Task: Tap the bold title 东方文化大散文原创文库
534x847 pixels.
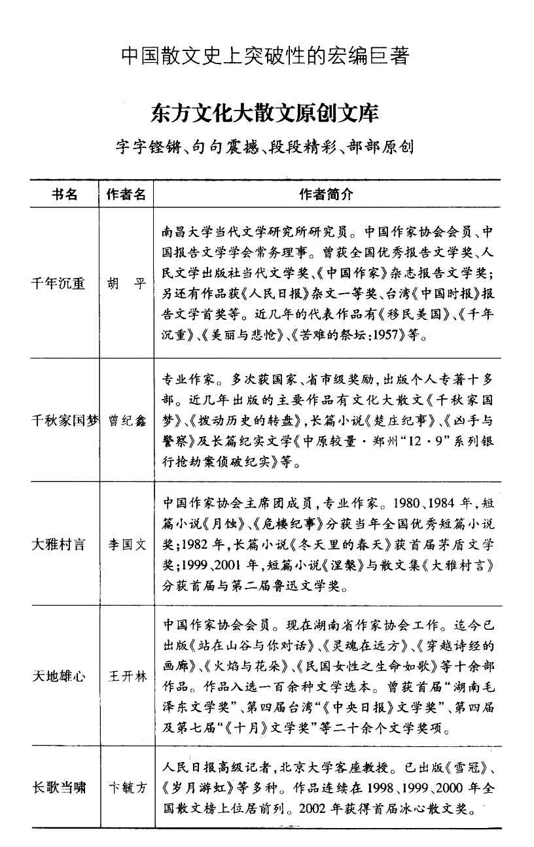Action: click(x=265, y=114)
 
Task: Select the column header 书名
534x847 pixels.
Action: click(x=64, y=194)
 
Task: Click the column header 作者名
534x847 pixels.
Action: click(x=126, y=194)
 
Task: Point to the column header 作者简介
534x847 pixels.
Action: click(x=326, y=194)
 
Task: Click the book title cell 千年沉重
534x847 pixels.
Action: click(x=58, y=284)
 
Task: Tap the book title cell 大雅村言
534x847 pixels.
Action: click(x=58, y=544)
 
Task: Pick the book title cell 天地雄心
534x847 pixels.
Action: click(x=58, y=676)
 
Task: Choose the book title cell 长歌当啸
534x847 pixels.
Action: click(x=58, y=787)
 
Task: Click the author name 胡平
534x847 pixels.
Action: click(x=127, y=284)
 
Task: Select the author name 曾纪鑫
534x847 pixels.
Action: click(x=127, y=421)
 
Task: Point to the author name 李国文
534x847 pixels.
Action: click(x=127, y=544)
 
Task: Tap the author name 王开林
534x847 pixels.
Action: click(x=127, y=676)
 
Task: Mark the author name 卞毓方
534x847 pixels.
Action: click(x=127, y=787)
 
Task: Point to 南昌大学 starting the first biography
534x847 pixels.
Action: click(x=185, y=232)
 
